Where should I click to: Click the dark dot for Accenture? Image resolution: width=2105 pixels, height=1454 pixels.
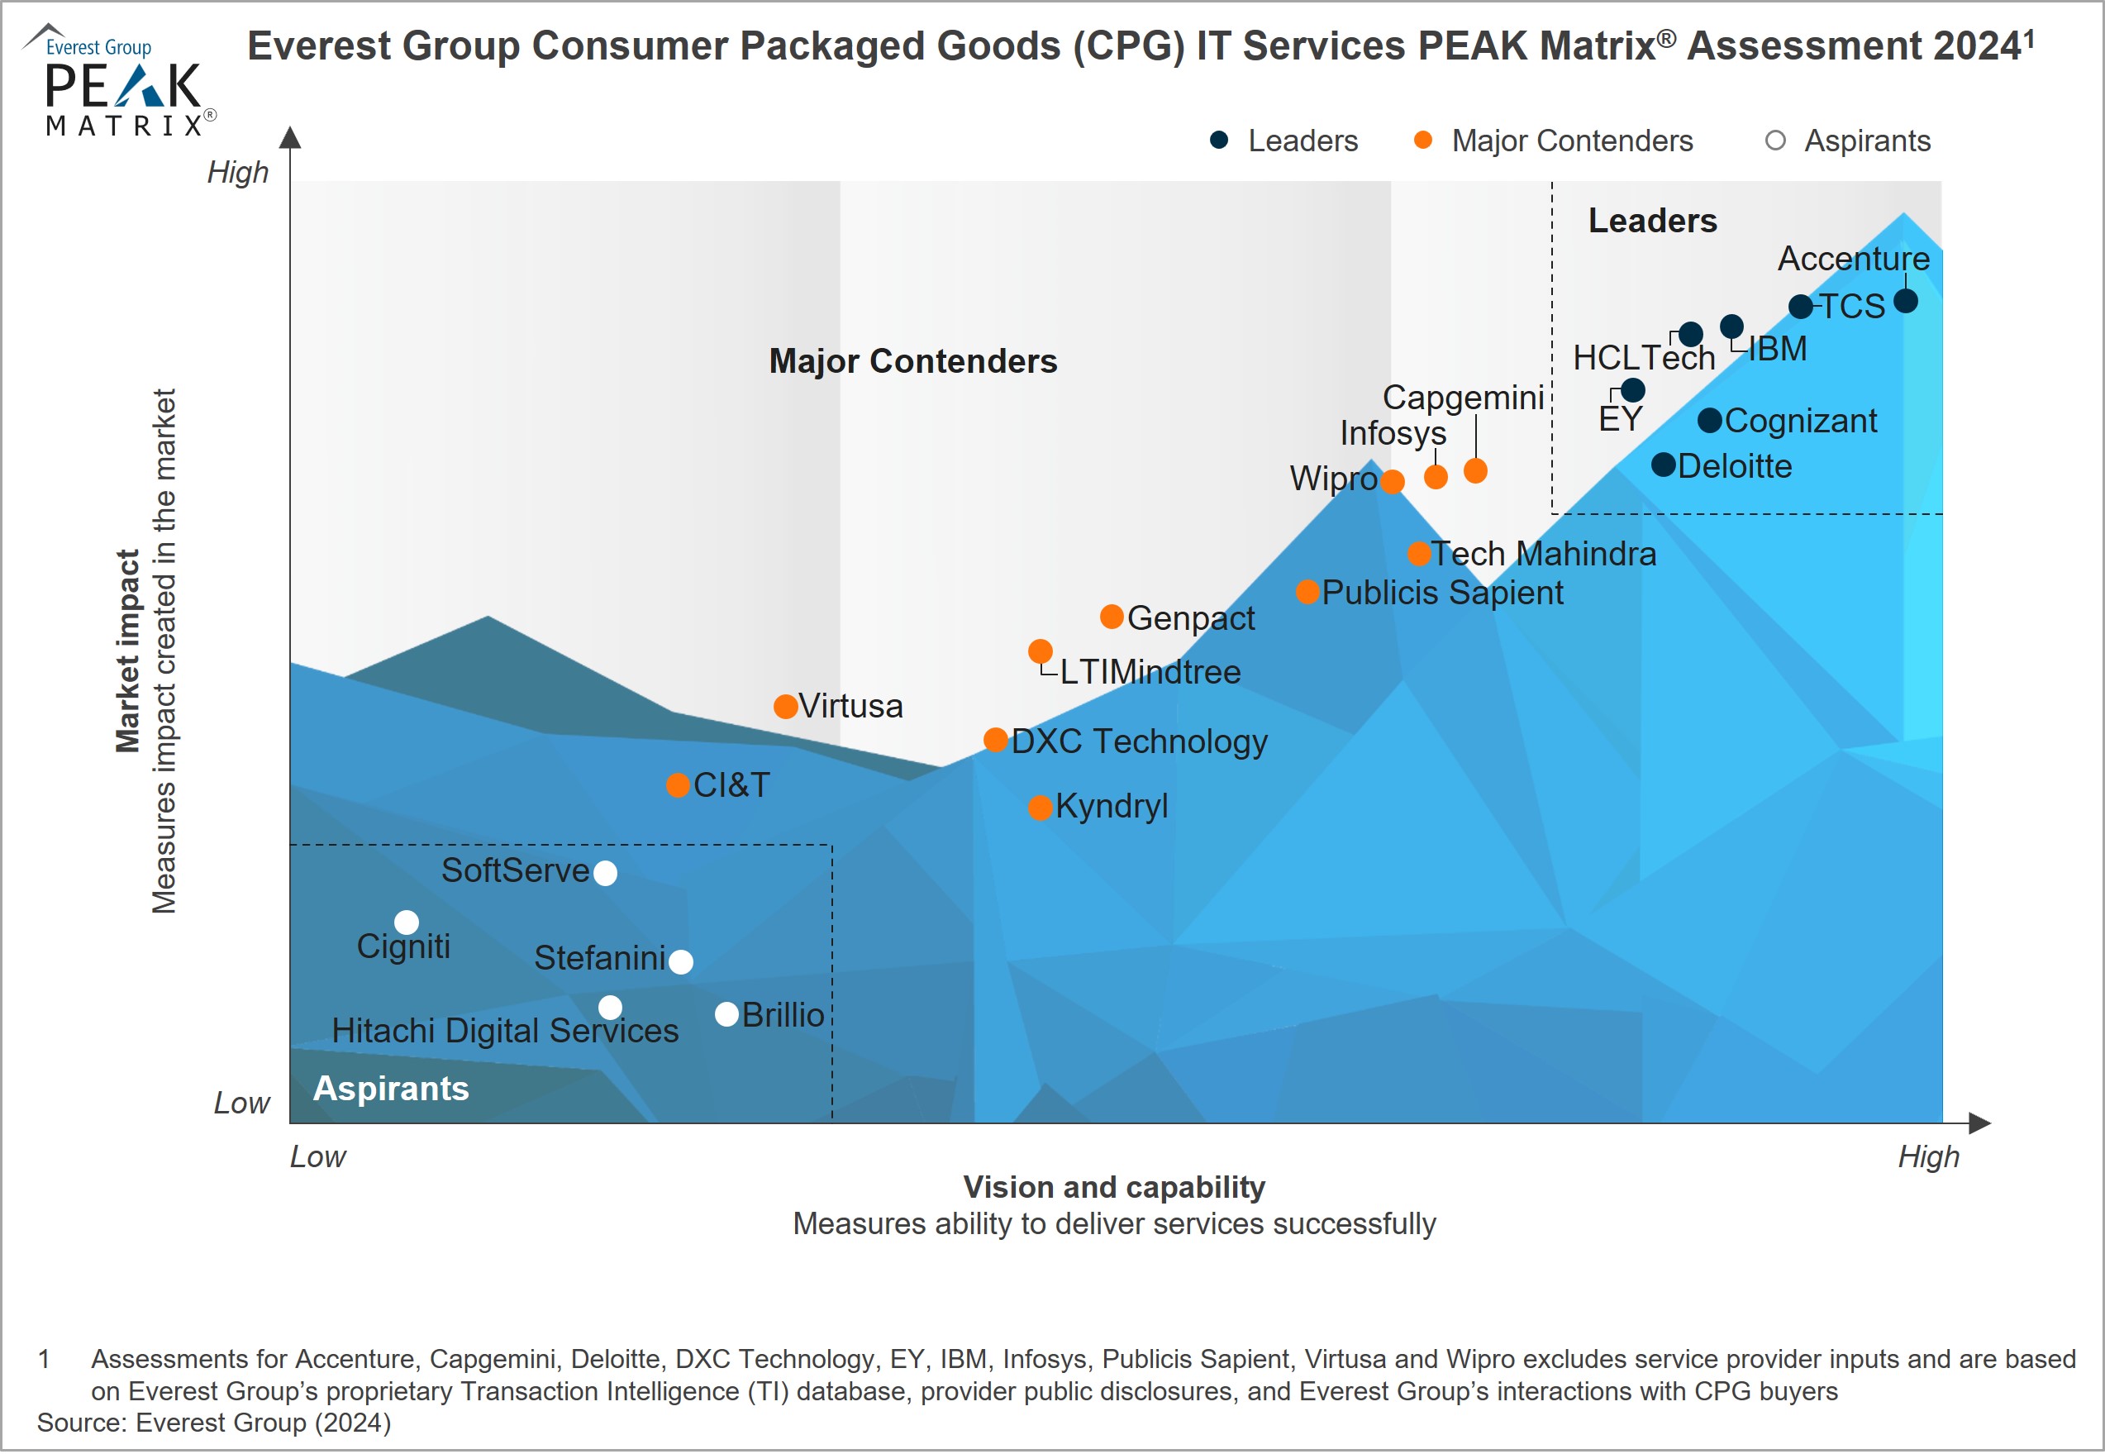click(1905, 301)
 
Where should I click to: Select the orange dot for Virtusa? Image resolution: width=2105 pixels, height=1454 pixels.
click(785, 706)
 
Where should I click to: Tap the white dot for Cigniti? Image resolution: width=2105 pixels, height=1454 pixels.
click(407, 922)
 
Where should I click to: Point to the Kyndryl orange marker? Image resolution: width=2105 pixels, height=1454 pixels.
click(1041, 807)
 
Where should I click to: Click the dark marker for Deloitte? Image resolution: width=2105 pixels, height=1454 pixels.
click(1663, 465)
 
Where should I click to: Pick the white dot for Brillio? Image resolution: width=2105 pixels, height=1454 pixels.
click(726, 1014)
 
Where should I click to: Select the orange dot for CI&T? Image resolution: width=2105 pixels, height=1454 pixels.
click(677, 785)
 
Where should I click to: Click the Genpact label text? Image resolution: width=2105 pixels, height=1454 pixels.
click(1190, 617)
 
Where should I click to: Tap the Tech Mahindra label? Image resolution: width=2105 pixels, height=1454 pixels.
click(1543, 553)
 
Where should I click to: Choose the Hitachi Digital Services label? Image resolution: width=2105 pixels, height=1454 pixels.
click(505, 1031)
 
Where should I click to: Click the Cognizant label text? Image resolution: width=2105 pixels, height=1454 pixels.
click(1800, 420)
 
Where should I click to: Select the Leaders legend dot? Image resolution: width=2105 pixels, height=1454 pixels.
click(1219, 141)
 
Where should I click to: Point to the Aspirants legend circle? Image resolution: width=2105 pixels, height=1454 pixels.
click(1774, 141)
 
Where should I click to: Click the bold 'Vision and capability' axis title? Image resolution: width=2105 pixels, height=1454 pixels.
click(1114, 1187)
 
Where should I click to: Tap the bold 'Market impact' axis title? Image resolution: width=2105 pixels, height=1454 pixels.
click(127, 651)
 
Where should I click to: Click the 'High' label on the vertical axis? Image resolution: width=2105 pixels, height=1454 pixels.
click(238, 172)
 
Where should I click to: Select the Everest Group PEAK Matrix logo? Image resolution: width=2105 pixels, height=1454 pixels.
click(121, 82)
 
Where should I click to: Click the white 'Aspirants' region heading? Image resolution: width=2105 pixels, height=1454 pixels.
click(391, 1089)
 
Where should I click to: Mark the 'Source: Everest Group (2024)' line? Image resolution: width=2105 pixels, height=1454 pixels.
click(214, 1422)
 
